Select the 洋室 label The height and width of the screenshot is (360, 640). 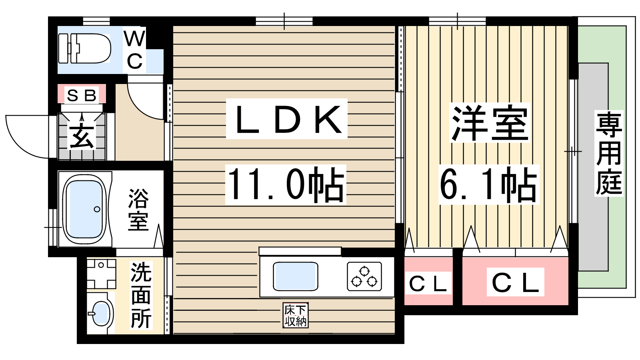490,123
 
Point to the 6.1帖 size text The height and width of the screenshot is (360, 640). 488,184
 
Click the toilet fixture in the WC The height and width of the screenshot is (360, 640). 84,48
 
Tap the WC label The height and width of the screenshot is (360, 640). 134,50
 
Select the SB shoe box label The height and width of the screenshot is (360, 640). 82,96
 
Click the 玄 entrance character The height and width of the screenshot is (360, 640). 82,136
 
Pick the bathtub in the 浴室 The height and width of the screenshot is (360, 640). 84,210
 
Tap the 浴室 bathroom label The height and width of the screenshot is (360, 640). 138,210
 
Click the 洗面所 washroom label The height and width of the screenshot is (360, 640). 141,296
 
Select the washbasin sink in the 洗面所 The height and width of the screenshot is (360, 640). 98,313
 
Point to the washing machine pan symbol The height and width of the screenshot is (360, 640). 101,274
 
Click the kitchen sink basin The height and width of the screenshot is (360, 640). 296,276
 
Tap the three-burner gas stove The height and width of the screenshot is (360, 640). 364,276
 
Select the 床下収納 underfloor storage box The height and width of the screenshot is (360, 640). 296,315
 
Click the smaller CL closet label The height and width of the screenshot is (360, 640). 428,284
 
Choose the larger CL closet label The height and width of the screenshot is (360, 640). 516,282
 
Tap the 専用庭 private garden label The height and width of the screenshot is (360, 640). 608,153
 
